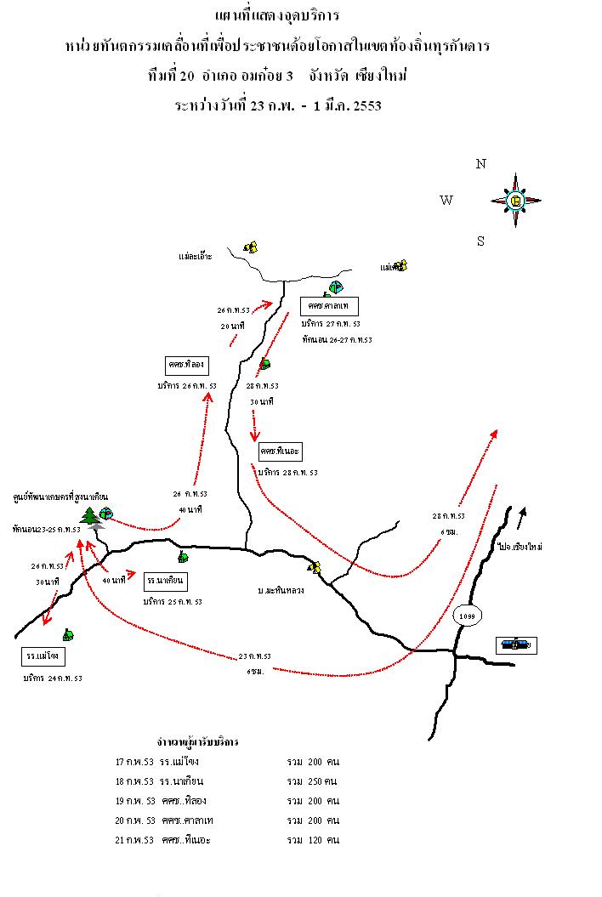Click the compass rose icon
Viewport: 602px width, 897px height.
(515, 201)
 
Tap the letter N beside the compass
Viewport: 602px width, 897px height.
(480, 164)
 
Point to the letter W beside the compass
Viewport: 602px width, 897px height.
(446, 201)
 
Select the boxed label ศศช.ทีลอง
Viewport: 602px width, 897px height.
(188, 366)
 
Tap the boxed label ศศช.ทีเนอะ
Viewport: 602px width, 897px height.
(281, 451)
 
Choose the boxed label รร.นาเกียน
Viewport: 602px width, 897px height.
(166, 581)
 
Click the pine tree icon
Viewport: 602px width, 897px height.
(90, 516)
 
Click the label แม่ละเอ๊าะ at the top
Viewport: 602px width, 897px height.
(196, 255)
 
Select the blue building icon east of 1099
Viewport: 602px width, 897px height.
(516, 644)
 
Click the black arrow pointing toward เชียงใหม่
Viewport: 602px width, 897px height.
(522, 514)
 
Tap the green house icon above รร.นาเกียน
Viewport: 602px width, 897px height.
(182, 558)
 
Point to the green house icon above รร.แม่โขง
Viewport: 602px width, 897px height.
(67, 634)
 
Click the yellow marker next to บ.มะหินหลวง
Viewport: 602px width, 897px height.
(314, 567)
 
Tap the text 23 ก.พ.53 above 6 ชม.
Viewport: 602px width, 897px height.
(254, 656)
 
